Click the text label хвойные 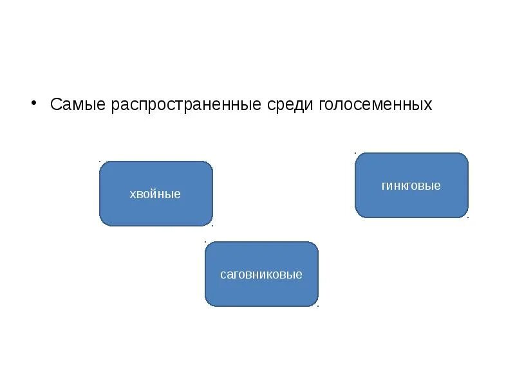pos(155,194)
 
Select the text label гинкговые pos(411,186)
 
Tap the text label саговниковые pos(261,275)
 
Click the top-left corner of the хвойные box pos(101,163)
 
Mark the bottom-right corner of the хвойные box pos(211,225)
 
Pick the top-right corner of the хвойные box pos(211,163)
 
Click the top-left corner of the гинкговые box pos(357,154)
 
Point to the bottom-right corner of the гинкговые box pos(467,216)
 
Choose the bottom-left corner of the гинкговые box pos(357,216)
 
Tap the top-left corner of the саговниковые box pos(207,243)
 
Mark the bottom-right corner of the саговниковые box pos(317,305)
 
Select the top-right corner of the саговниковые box pos(317,243)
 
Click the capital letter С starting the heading pos(56,105)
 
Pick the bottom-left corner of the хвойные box pos(101,225)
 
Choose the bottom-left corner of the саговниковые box pos(207,305)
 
